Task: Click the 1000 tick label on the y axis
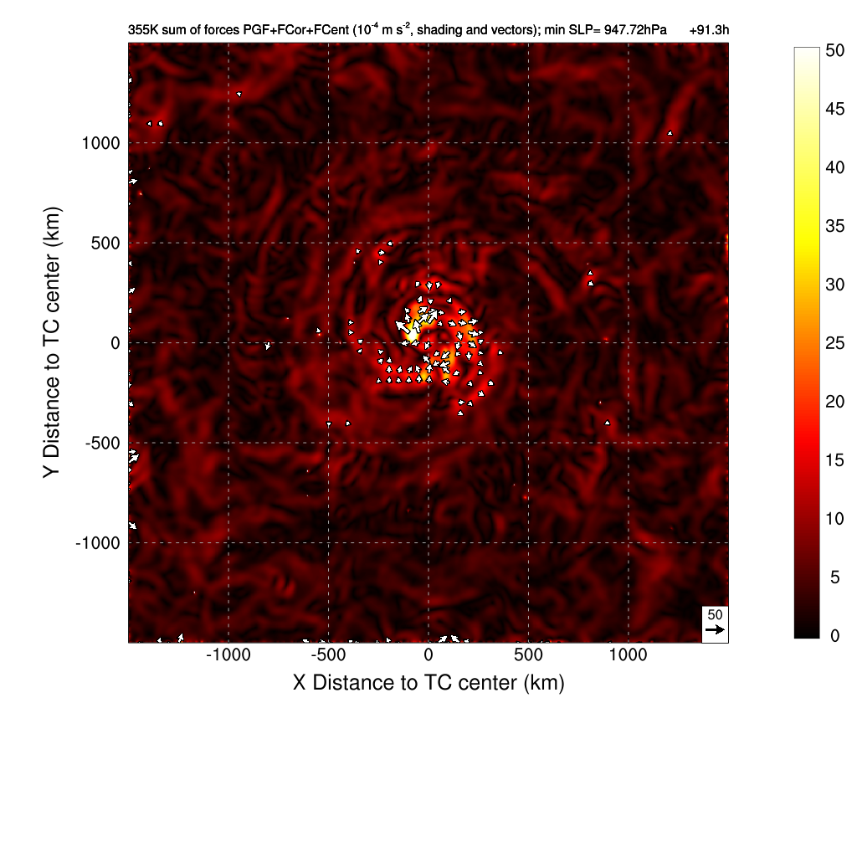point(100,143)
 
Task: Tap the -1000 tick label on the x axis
point(228,655)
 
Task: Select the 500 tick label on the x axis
point(528,655)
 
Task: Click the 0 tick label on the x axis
point(428,655)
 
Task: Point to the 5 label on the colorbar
point(830,577)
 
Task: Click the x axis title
point(428,683)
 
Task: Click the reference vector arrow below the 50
point(714,629)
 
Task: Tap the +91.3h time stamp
point(710,31)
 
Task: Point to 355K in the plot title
point(142,31)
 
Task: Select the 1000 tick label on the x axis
point(629,655)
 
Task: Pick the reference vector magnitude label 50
point(715,614)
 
